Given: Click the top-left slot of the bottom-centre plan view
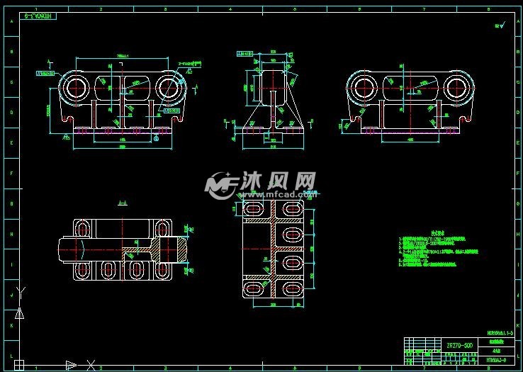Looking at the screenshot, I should point(252,209).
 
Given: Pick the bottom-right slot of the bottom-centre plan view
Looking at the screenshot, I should point(292,289).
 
